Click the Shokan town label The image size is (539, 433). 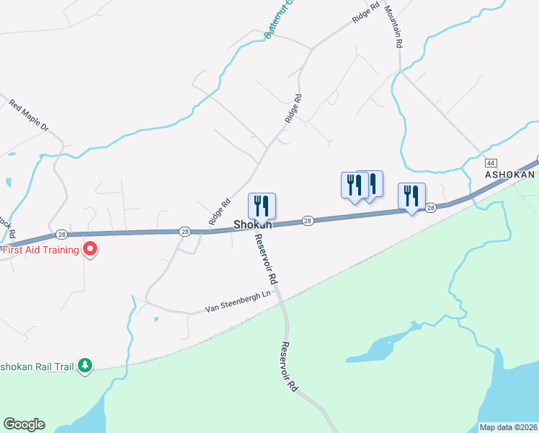click(252, 224)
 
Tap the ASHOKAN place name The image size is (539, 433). click(509, 175)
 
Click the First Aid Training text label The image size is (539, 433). click(41, 250)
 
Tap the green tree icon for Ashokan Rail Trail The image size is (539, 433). click(86, 366)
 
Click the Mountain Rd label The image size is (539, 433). click(393, 26)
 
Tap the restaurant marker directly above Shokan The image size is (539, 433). click(262, 206)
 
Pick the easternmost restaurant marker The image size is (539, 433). click(411, 196)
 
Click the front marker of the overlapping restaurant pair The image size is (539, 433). click(354, 185)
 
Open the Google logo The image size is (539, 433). click(24, 424)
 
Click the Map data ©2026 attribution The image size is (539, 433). click(507, 427)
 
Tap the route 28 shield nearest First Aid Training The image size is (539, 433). click(61, 235)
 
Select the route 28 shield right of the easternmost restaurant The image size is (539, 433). click(431, 208)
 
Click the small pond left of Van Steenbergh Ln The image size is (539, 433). click(156, 318)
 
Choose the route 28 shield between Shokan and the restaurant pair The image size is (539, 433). click(308, 221)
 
